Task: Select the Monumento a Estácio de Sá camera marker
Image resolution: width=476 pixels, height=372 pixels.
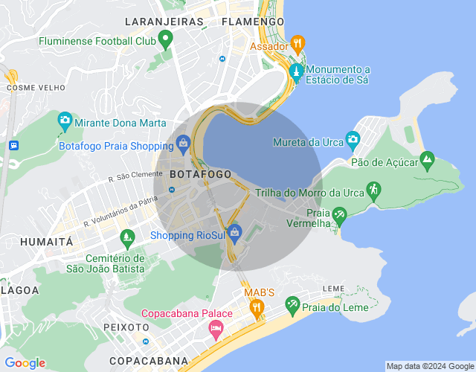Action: pyautogui.click(x=296, y=72)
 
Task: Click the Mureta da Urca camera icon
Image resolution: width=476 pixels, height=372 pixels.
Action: pyautogui.click(x=353, y=139)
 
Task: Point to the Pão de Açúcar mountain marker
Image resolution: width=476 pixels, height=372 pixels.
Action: pyautogui.click(x=427, y=159)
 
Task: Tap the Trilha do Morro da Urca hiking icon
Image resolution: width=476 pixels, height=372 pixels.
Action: pyautogui.click(x=373, y=190)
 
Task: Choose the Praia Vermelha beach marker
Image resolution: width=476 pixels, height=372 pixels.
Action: pyautogui.click(x=339, y=216)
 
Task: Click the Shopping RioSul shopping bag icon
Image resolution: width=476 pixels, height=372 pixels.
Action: pyautogui.click(x=235, y=233)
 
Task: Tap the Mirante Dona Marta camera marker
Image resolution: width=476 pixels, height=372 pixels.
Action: pyautogui.click(x=65, y=120)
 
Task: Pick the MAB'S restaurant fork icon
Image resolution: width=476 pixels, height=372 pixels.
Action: pyautogui.click(x=256, y=306)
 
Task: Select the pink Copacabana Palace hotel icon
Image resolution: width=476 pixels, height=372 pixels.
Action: pyautogui.click(x=216, y=328)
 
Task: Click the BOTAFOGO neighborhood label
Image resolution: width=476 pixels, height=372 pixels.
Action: pyautogui.click(x=201, y=174)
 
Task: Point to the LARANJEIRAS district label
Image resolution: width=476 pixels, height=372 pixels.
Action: pyautogui.click(x=164, y=22)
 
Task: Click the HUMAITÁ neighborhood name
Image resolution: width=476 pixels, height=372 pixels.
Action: pyautogui.click(x=46, y=242)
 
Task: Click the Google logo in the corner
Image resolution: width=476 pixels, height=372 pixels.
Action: pyautogui.click(x=25, y=362)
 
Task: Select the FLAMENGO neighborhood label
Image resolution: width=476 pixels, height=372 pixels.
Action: pyautogui.click(x=253, y=22)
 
